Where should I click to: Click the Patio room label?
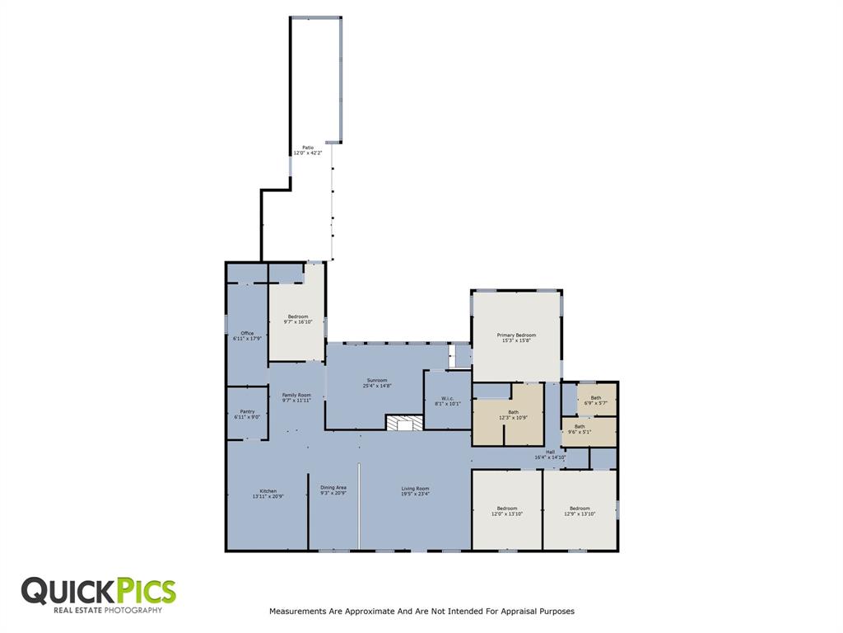[x=307, y=148]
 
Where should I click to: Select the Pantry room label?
[x=247, y=411]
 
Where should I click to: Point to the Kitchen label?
[x=268, y=491]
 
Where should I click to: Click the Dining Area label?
[x=333, y=488]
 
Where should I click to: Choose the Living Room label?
[x=415, y=488]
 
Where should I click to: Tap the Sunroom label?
[x=375, y=380]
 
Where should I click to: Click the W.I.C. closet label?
[x=447, y=398]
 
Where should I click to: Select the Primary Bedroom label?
[x=516, y=335]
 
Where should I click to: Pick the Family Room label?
[x=296, y=395]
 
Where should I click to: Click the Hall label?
[x=550, y=452]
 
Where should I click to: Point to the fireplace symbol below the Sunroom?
[x=405, y=423]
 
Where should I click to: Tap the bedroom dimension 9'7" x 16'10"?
[x=297, y=322]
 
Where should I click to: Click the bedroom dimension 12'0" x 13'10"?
[x=506, y=513]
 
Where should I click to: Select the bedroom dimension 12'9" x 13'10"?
[x=580, y=513]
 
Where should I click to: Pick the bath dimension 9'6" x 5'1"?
[x=579, y=432]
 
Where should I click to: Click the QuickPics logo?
[x=98, y=594]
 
